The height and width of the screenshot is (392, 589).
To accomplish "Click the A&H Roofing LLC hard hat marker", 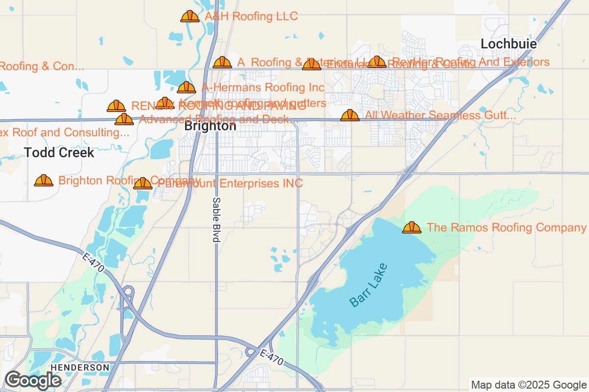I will pyautogui.click(x=190, y=17).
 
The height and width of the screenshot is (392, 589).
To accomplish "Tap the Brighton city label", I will pyautogui.click(x=210, y=126).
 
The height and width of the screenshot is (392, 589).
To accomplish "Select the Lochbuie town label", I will pyautogui.click(x=509, y=44).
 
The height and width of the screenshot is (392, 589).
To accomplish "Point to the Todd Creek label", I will pyautogui.click(x=59, y=152).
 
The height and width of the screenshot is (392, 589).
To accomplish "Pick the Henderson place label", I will pyautogui.click(x=80, y=367).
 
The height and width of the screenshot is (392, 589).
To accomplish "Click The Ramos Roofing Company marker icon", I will pyautogui.click(x=412, y=227).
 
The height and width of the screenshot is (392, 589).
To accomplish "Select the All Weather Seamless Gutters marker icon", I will pyautogui.click(x=350, y=116).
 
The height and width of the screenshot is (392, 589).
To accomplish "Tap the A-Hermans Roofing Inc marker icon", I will pyautogui.click(x=187, y=88).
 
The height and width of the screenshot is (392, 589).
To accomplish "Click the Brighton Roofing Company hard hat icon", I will pyautogui.click(x=44, y=181).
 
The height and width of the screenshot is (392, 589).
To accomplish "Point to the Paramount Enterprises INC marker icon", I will pyautogui.click(x=143, y=184).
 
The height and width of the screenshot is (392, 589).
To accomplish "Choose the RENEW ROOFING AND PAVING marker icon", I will pyautogui.click(x=116, y=106).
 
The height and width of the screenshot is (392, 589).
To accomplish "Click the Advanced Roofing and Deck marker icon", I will pyautogui.click(x=124, y=119).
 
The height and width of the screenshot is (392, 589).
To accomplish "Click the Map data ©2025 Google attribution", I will pyautogui.click(x=529, y=385).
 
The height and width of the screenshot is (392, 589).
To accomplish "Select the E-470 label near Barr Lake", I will pyautogui.click(x=271, y=356).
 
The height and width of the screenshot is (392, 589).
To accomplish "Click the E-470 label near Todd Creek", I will pyautogui.click(x=94, y=264).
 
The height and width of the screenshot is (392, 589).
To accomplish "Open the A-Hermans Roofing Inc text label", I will pyautogui.click(x=263, y=88).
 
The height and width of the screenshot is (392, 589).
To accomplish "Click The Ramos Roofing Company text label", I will pyautogui.click(x=507, y=227).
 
